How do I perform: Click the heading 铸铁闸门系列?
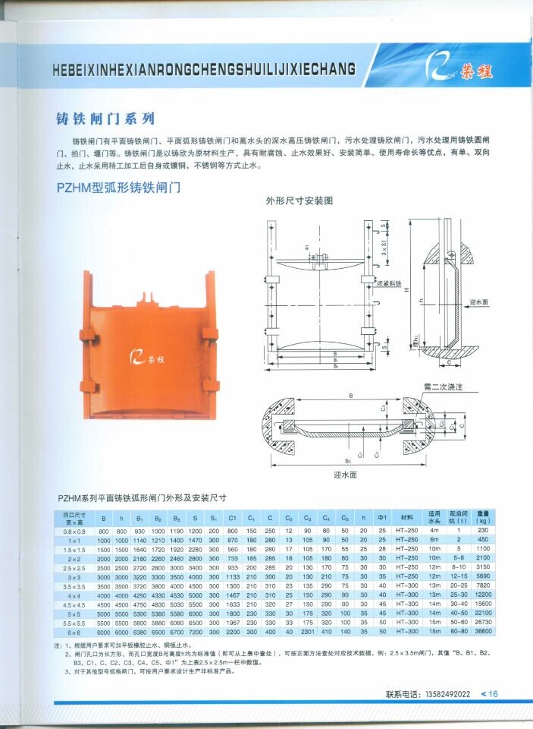(106, 118)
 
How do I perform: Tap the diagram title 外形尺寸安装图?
(299, 201)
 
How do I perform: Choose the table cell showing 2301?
(307, 632)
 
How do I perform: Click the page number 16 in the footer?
(493, 693)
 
